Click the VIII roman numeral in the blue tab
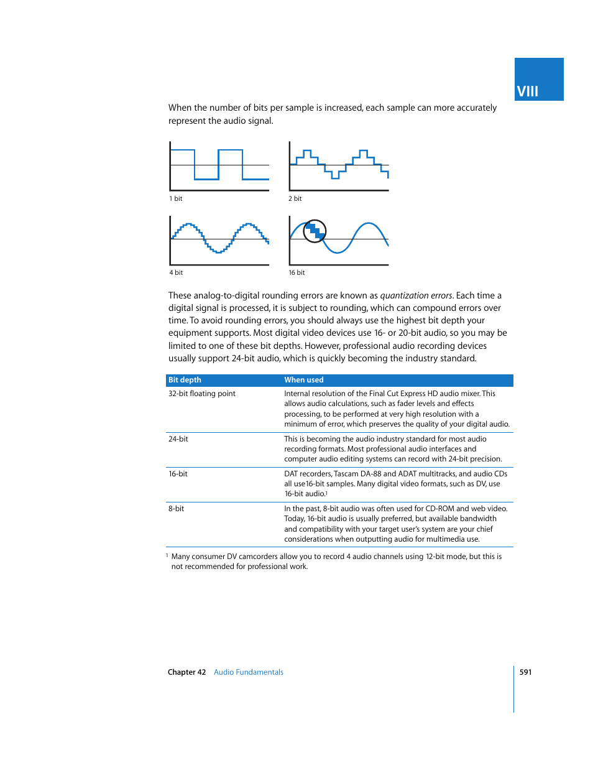[527, 91]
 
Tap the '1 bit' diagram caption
[176, 198]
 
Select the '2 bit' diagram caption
[295, 198]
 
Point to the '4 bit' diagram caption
[176, 272]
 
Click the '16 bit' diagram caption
[296, 272]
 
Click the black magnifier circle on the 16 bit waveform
[315, 231]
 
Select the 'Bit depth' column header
[185, 380]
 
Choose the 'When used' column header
[304, 380]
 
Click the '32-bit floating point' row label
[202, 394]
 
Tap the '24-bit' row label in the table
[178, 439]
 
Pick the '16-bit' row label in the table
[178, 474]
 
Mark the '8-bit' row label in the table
[177, 509]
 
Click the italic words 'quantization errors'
[416, 295]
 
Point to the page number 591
[525, 672]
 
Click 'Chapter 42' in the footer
[186, 672]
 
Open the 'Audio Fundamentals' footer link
[249, 672]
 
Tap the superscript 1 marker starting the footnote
[167, 555]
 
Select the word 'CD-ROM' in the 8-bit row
[439, 509]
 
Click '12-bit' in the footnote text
[438, 557]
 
